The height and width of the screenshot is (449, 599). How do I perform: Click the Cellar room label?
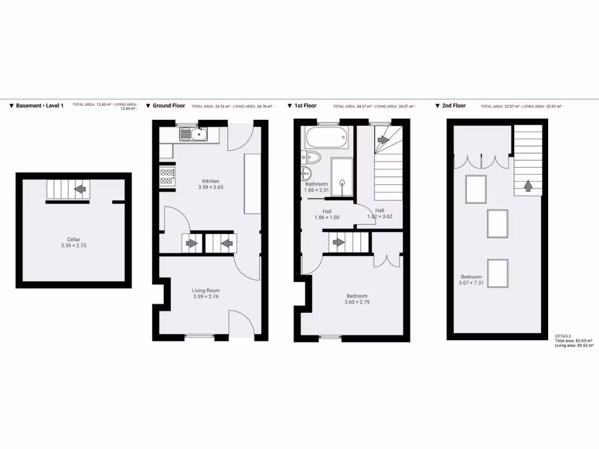point(73,239)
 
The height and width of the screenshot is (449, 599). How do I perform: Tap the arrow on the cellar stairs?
point(80,189)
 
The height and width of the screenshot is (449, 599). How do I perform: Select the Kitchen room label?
point(211,181)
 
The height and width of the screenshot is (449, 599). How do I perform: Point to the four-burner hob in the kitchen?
point(167,176)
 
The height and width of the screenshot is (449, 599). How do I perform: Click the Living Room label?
point(206,290)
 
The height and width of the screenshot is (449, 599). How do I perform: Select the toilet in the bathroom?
point(311,157)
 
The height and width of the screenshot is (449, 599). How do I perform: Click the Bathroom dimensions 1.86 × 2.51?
point(316,190)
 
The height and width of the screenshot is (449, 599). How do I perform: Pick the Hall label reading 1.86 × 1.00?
point(327,217)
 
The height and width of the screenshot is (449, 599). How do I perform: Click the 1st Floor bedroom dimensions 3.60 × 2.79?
point(357,302)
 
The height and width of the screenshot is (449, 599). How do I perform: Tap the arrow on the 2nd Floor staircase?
point(528,186)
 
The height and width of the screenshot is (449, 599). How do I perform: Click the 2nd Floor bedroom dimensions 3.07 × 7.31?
point(471,284)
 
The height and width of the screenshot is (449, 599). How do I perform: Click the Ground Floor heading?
point(168,106)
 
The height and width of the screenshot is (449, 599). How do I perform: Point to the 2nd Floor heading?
point(453,106)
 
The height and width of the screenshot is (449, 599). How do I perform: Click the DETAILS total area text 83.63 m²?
point(574,340)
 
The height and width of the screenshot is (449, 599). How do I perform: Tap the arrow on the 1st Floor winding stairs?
point(384,140)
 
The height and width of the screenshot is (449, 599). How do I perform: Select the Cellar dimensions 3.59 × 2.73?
point(73,246)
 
